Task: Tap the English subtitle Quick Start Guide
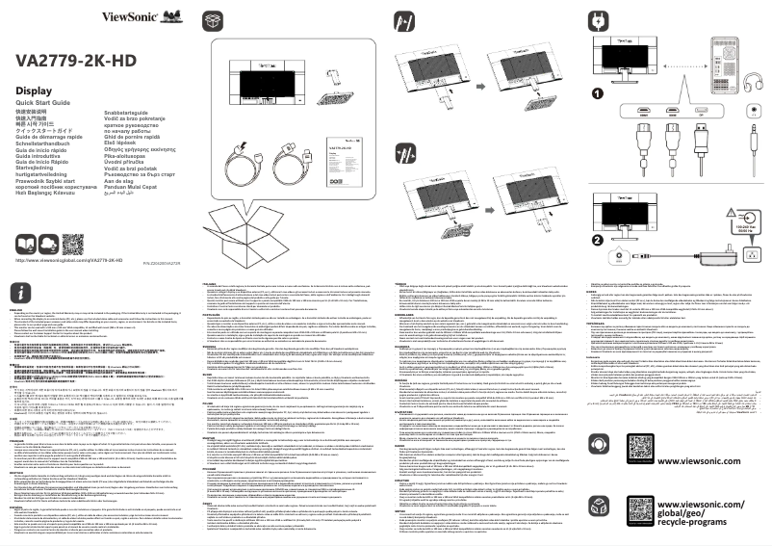click(44, 102)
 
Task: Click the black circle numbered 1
click(597, 93)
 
